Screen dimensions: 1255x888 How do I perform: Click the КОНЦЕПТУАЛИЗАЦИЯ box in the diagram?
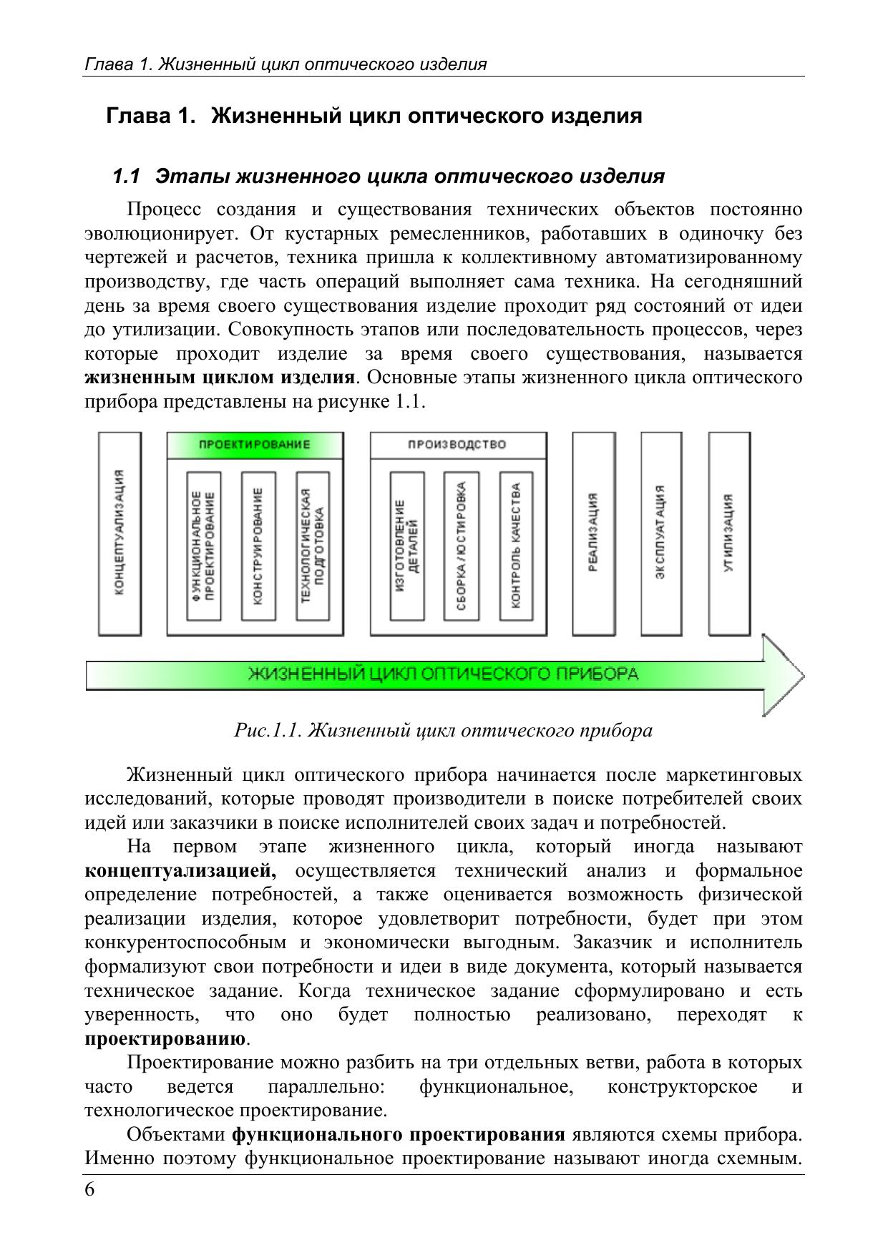(x=119, y=533)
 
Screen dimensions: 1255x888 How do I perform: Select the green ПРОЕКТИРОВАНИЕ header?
(x=255, y=445)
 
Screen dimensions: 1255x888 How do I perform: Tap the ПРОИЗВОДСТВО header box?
(x=458, y=445)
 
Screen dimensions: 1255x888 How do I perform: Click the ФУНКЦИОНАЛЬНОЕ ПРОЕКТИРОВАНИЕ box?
(x=203, y=546)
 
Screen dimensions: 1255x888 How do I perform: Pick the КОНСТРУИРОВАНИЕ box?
(x=258, y=546)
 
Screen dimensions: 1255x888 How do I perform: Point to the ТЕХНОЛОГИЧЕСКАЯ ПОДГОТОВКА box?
(x=313, y=546)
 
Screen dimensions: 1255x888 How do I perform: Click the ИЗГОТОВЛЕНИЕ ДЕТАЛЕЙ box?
(x=407, y=546)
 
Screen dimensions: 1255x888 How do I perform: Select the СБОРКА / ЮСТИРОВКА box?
(x=461, y=546)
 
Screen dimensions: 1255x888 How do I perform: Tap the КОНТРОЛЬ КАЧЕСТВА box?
(x=516, y=546)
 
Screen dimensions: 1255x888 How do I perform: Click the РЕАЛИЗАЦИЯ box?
(x=594, y=533)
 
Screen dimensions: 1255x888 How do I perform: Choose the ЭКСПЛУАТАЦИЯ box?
(x=661, y=533)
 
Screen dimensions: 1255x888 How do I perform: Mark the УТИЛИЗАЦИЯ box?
(x=729, y=533)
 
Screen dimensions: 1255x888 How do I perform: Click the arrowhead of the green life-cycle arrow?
(x=782, y=674)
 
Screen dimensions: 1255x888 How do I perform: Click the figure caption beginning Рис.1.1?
(x=443, y=730)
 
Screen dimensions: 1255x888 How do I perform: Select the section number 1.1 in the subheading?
(x=127, y=176)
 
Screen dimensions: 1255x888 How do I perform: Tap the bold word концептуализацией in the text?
(x=180, y=871)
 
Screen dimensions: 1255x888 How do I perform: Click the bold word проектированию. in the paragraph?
(x=167, y=1038)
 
